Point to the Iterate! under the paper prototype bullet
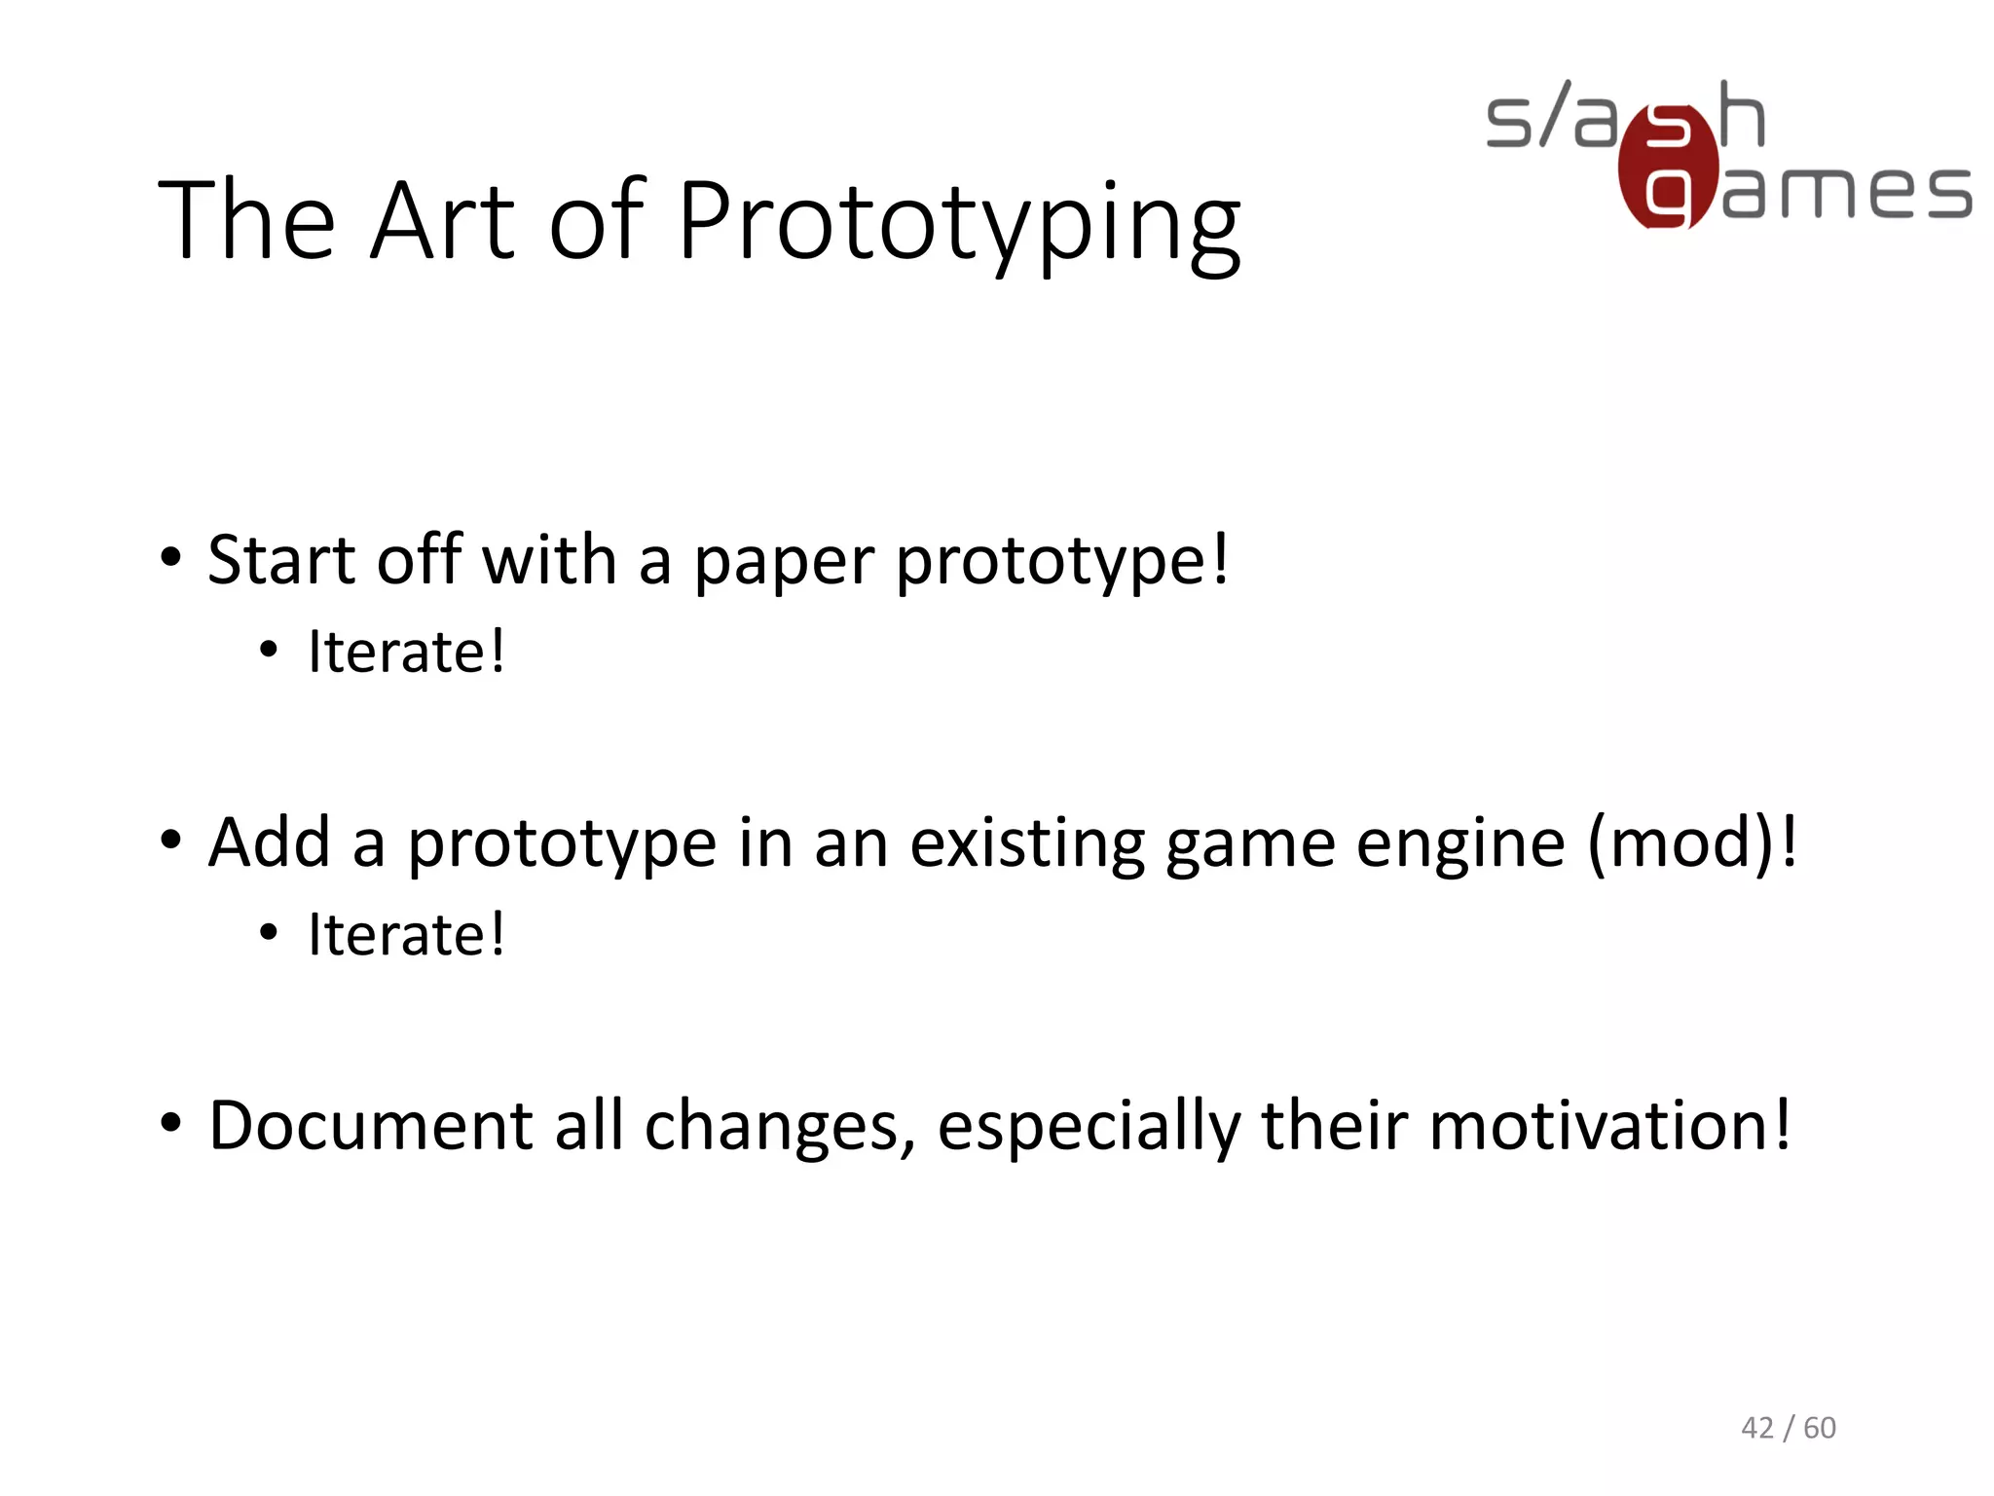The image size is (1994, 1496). (x=406, y=652)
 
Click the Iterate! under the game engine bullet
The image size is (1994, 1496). (x=406, y=935)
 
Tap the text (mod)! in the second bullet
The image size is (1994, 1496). (x=1692, y=843)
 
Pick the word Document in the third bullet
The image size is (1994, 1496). (x=371, y=1126)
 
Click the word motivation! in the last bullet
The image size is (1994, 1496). (x=1610, y=1126)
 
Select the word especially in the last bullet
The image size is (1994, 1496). (x=1089, y=1128)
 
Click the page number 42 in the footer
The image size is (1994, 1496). (x=1757, y=1428)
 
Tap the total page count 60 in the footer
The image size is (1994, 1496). (x=1820, y=1428)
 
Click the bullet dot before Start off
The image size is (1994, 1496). (x=171, y=559)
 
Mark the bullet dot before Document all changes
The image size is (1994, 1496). (x=171, y=1124)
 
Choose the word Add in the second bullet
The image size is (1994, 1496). (x=270, y=843)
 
